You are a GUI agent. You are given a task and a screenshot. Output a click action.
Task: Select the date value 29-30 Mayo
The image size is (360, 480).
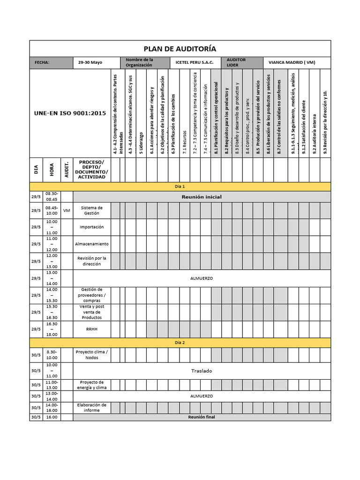(x=90, y=63)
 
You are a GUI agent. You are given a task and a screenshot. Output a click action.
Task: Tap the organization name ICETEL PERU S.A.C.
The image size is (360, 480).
(x=194, y=63)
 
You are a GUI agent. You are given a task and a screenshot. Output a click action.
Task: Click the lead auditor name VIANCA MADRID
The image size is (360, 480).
(x=292, y=63)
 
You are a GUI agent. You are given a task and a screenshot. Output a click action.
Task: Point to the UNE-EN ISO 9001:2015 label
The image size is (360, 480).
(x=70, y=113)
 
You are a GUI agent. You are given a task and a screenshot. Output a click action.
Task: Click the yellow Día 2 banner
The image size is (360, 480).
(x=180, y=343)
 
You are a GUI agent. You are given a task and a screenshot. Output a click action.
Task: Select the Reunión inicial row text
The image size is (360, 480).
(x=202, y=197)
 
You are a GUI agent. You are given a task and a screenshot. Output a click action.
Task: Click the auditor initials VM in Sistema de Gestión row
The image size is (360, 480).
(x=67, y=210)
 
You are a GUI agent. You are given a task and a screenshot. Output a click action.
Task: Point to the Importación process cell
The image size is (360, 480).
(x=92, y=227)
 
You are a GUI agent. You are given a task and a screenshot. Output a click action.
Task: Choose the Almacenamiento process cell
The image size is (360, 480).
(x=92, y=244)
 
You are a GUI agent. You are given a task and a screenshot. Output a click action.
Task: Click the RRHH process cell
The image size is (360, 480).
(x=92, y=329)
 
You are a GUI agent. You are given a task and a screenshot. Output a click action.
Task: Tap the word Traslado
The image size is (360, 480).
(x=202, y=371)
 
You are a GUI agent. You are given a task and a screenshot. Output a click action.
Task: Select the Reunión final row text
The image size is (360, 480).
(x=202, y=417)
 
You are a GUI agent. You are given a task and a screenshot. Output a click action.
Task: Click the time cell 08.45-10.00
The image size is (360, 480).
(x=52, y=210)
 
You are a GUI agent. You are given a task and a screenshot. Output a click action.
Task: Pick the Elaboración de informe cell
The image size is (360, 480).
(x=92, y=408)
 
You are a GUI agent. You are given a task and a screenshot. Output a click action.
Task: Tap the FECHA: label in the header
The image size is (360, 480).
(x=42, y=63)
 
